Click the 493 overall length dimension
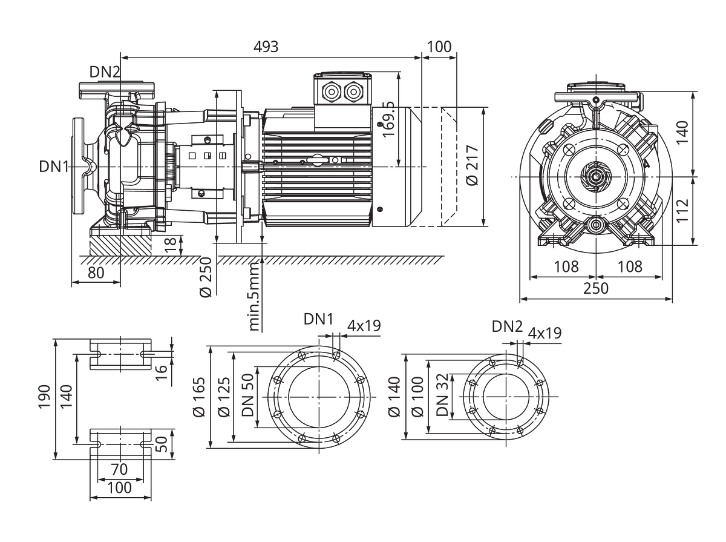(x=266, y=47)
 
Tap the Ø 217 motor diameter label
(x=473, y=165)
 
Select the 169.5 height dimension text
(x=388, y=119)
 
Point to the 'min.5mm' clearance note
(x=254, y=296)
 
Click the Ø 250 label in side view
(x=206, y=277)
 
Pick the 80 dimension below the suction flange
(x=96, y=273)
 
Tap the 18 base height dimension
(x=171, y=245)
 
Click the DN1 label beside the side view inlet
(x=54, y=167)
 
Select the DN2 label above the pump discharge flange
(x=105, y=72)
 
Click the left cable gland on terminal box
(x=331, y=91)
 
